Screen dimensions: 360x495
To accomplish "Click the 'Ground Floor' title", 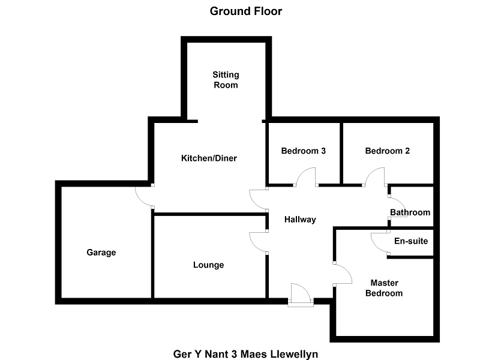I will point(245,11).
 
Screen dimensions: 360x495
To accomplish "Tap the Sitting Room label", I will point(226,80).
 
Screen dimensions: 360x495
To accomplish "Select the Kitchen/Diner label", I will point(209,158).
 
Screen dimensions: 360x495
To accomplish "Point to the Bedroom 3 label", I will point(303,151).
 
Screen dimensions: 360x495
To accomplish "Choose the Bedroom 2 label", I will point(387,151).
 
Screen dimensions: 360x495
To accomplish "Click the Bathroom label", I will point(410,212).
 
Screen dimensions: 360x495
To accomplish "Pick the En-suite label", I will point(411,241).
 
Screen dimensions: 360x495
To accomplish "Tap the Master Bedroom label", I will point(385,288).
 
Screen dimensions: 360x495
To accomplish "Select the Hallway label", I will point(300,220).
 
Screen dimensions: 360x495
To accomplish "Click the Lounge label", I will point(209,265).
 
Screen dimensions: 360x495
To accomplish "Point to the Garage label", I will point(101,253).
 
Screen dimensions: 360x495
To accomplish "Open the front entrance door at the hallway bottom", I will point(300,295).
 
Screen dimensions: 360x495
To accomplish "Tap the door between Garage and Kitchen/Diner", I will point(144,195).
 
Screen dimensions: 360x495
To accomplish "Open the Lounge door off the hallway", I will point(259,242).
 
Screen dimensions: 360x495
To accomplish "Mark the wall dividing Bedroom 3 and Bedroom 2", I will point(341,153).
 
